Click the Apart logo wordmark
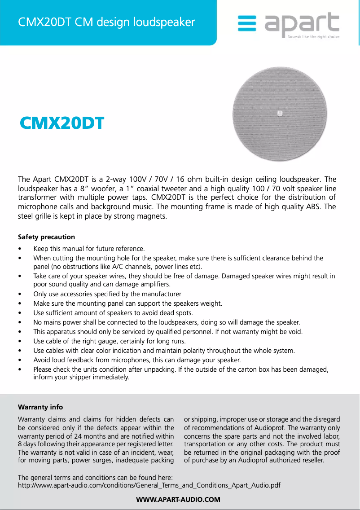click(302, 24)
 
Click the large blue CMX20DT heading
click(62, 123)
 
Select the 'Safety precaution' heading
click(46, 237)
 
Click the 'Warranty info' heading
click(40, 407)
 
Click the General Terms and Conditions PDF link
click(149, 485)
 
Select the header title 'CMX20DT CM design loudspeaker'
click(106, 22)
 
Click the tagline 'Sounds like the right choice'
click(313, 36)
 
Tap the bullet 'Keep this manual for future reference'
click(89, 249)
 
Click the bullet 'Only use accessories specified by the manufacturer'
click(107, 294)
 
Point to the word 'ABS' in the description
click(316, 207)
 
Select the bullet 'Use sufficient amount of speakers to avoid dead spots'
click(113, 313)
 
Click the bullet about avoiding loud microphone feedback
click(137, 360)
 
